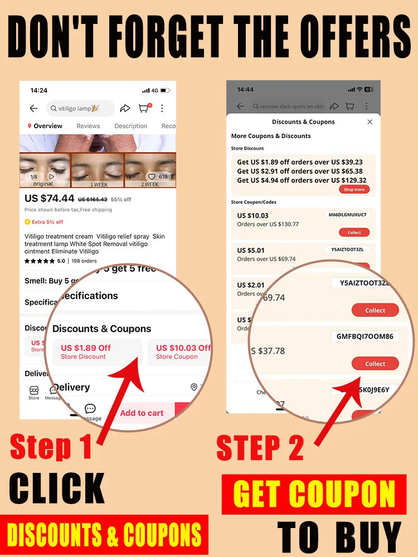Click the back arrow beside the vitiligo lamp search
34,109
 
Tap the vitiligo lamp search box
81,109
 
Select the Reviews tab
88,126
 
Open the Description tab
130,126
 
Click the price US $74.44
49,198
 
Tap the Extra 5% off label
44,222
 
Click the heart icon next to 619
151,177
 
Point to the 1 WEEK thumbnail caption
99,184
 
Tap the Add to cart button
142,413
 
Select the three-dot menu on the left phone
162,109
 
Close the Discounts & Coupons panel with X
370,122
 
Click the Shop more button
354,189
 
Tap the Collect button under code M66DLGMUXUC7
354,232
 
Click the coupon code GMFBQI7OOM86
364,336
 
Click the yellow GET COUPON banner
314,494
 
